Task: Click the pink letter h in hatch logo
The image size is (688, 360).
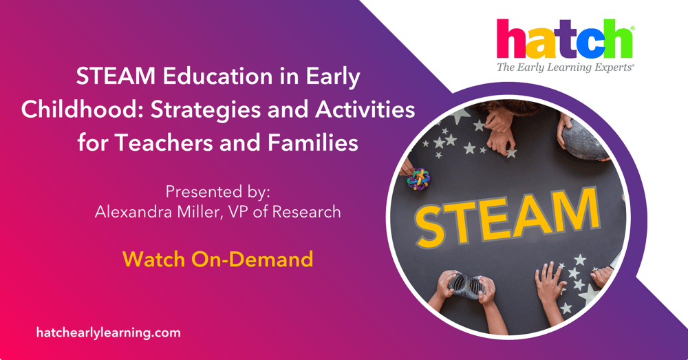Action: coord(510,40)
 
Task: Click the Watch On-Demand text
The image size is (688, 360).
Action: coord(217,259)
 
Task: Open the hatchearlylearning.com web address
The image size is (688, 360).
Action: coord(108,332)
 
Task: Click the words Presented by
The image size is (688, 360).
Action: coord(217,191)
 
